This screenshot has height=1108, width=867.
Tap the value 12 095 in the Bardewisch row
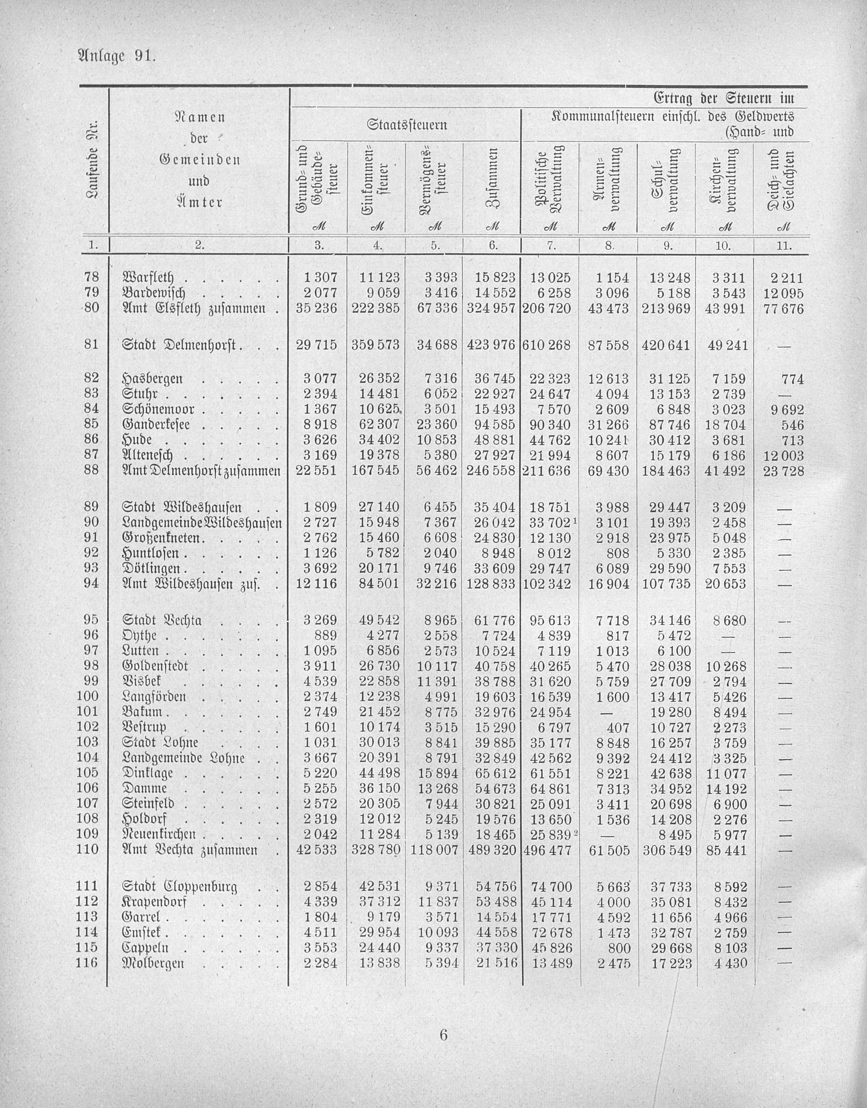[783, 293]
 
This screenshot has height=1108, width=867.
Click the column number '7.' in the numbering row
[550, 246]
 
